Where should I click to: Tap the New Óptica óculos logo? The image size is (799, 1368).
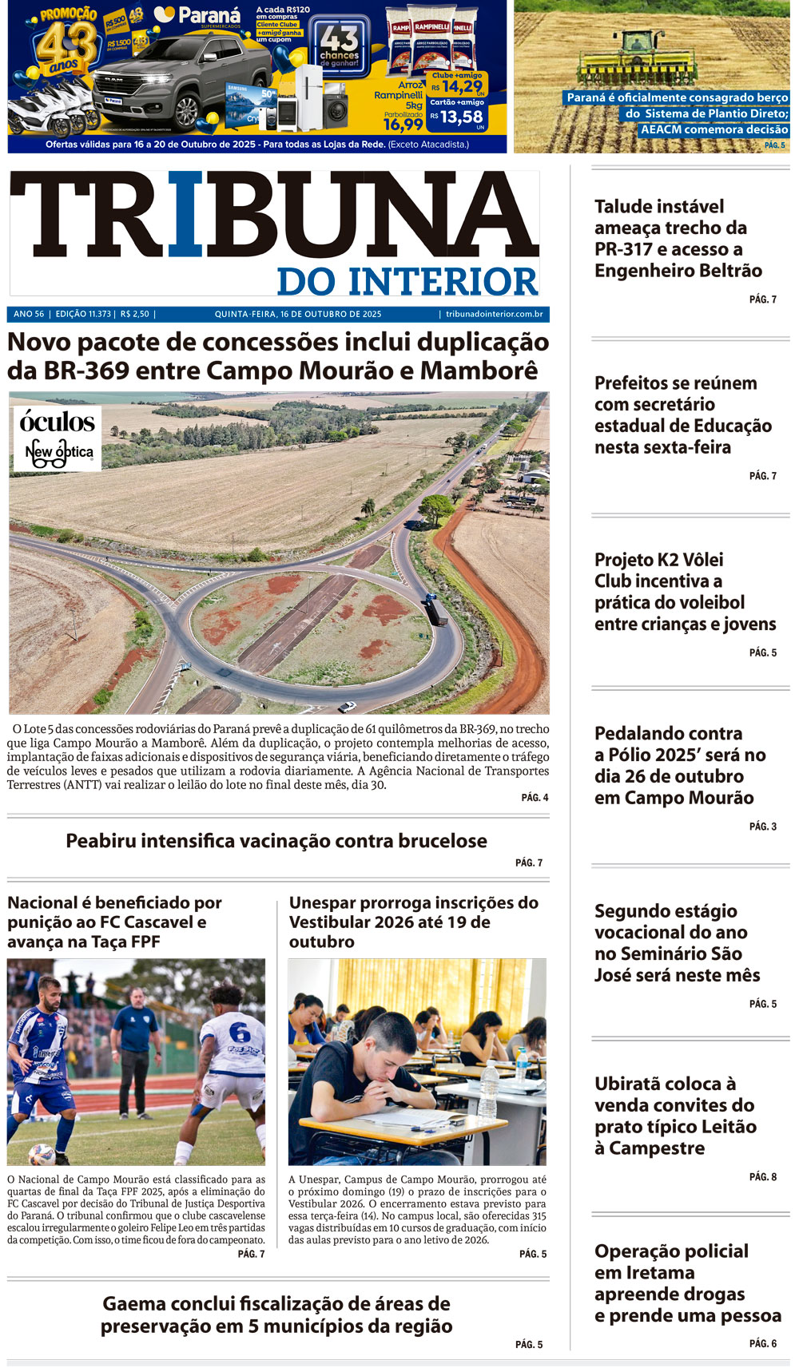tap(58, 438)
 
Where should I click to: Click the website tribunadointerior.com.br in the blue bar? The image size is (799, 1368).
tap(494, 315)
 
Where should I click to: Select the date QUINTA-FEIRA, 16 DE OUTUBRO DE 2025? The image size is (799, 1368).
tap(298, 315)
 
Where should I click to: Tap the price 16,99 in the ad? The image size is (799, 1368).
tap(403, 125)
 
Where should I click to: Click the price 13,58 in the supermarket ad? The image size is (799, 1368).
tap(461, 117)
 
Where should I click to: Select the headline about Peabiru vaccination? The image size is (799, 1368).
tap(276, 841)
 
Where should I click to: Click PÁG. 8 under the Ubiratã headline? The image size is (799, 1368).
tap(762, 1177)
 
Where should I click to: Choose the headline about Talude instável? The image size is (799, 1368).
tap(678, 239)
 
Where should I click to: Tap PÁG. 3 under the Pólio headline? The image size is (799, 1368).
tap(762, 827)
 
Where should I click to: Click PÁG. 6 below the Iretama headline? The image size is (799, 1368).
tap(762, 1344)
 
